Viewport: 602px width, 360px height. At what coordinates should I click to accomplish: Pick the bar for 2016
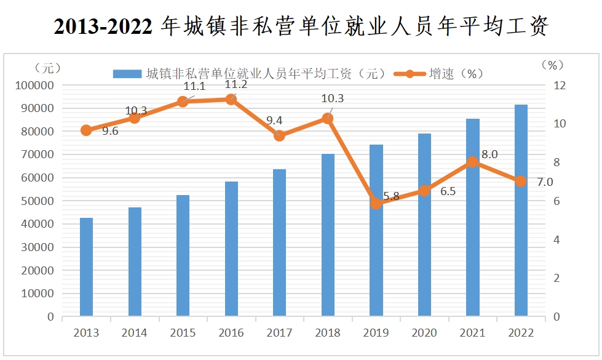tap(231, 249)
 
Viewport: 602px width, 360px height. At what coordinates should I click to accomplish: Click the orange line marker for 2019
tap(376, 204)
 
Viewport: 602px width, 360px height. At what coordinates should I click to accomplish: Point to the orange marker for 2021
tap(472, 162)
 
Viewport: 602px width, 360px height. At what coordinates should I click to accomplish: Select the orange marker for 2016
tap(231, 99)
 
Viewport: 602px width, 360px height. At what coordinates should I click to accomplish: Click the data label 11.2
tap(236, 85)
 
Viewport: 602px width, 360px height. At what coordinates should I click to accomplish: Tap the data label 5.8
tap(391, 196)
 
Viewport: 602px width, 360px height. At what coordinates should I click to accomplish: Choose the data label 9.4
tap(274, 121)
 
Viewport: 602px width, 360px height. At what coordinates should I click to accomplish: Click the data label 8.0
tap(489, 155)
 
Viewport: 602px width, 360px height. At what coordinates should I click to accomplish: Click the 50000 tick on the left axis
tap(36, 201)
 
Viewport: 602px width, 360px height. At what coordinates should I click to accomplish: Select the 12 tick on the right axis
tap(559, 85)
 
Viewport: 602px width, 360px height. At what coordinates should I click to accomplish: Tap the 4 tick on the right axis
tap(556, 239)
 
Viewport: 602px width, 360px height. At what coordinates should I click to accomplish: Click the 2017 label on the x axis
tap(279, 333)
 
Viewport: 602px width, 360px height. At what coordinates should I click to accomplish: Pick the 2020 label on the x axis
tap(424, 333)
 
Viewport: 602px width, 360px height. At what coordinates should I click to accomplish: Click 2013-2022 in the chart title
tap(103, 26)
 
